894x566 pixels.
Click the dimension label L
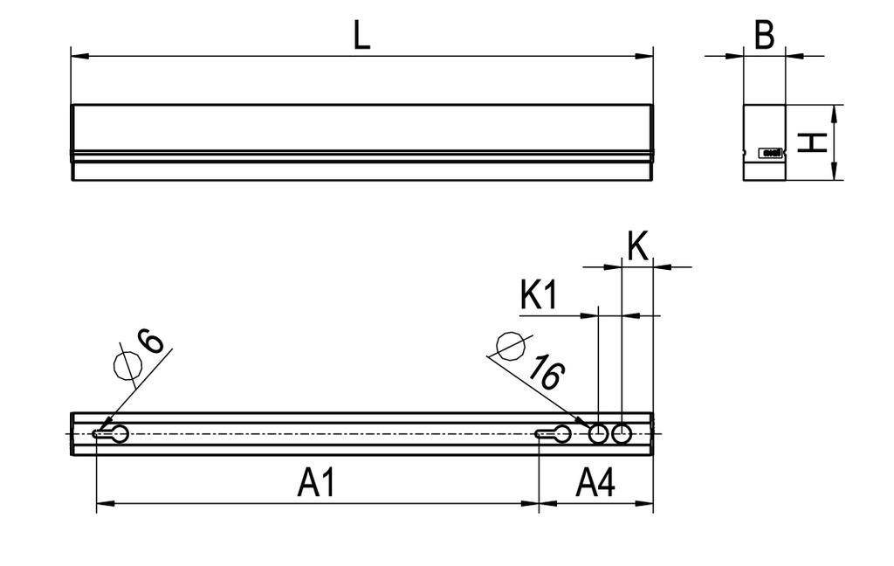tap(361, 35)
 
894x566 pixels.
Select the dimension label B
tap(764, 37)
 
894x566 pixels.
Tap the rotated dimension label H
tap(814, 142)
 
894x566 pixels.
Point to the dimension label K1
tap(539, 295)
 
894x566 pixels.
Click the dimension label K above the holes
tap(638, 247)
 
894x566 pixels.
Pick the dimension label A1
tap(317, 483)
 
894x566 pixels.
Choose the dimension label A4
tap(596, 483)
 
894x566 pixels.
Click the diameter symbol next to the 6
tap(127, 366)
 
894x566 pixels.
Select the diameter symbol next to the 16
tap(510, 347)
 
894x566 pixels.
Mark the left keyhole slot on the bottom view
tap(111, 433)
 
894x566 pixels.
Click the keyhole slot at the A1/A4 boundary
tap(554, 433)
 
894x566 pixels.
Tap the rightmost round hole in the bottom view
tap(622, 433)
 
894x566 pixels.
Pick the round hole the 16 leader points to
tap(598, 433)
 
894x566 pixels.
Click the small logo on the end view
tap(772, 153)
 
